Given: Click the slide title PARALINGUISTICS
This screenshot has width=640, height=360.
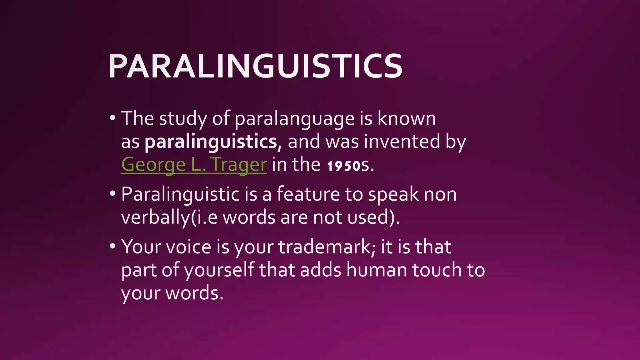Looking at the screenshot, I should (255, 66).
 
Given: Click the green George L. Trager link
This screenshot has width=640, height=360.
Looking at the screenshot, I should (194, 164).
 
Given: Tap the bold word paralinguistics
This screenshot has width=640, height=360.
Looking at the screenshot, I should (211, 142).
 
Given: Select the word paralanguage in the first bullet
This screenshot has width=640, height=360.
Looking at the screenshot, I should (294, 119).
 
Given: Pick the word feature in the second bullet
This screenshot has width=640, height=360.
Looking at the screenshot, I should (308, 194).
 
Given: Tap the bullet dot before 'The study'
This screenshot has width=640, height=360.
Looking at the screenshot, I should (112, 118).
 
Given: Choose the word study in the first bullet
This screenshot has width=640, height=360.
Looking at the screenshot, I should (183, 119).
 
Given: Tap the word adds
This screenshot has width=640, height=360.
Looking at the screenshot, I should (321, 270).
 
